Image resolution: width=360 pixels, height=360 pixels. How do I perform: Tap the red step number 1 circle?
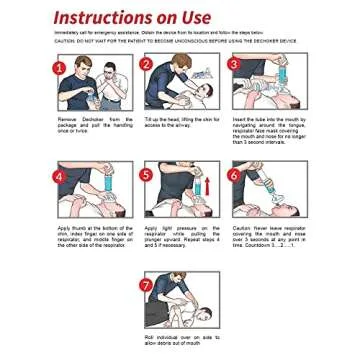(x=58, y=67)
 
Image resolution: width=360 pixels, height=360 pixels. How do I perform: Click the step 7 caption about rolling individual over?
(x=179, y=340)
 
